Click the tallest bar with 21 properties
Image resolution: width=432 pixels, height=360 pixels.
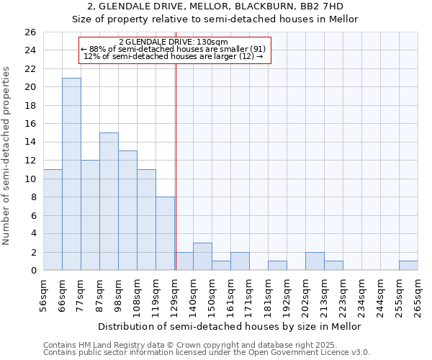[x=71, y=174]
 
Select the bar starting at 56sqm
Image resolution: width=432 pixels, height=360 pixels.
[x=53, y=220]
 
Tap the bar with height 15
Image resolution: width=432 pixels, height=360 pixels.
[x=109, y=202]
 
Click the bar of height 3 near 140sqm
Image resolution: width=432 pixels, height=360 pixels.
[x=202, y=256]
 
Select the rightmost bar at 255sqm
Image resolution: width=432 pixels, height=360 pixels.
[x=408, y=266]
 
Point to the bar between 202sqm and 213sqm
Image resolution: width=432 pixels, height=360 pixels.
[x=315, y=261]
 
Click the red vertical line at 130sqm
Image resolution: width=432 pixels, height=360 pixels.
[x=176, y=166]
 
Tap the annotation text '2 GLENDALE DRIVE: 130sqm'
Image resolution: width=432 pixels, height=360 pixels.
[x=173, y=42]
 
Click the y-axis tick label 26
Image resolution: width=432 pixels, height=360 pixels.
[x=30, y=32]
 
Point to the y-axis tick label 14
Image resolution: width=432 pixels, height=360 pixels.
[x=30, y=142]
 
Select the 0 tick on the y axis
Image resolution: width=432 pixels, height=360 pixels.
[x=32, y=270]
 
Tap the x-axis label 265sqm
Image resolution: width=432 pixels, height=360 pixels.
[x=418, y=294]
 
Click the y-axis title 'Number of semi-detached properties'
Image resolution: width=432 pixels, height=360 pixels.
[x=7, y=156]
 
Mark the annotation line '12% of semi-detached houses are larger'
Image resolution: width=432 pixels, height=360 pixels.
[x=173, y=56]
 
